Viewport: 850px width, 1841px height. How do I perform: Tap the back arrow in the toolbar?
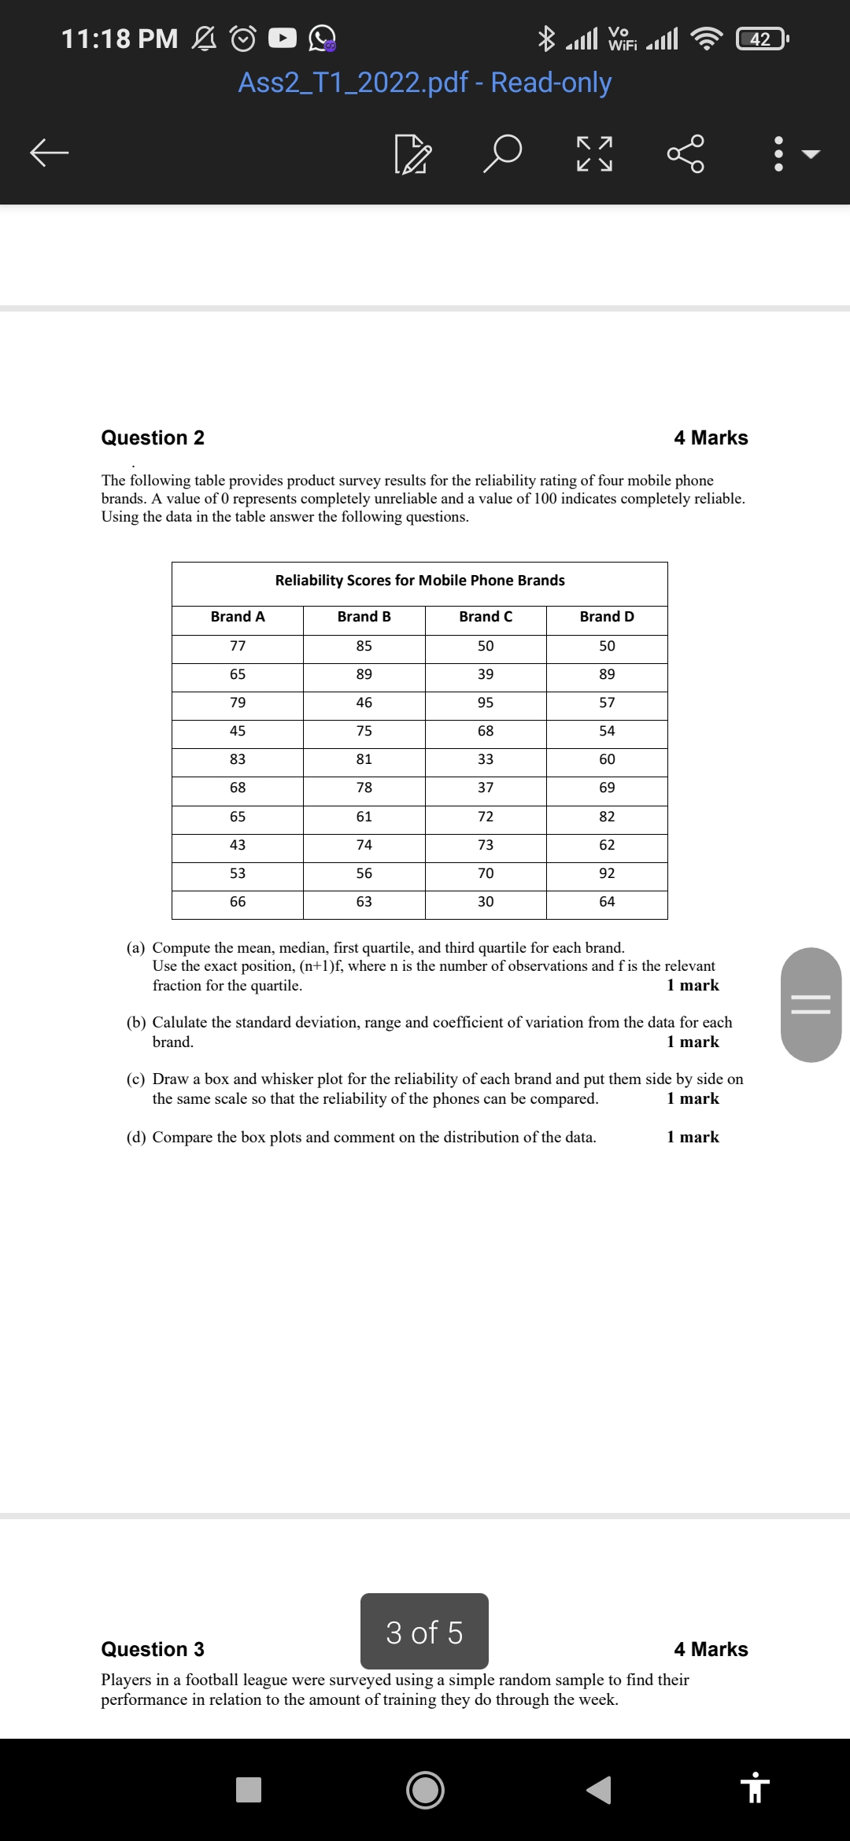(49, 153)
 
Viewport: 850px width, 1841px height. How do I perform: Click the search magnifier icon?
(502, 153)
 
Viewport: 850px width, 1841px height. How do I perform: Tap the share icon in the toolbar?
(686, 153)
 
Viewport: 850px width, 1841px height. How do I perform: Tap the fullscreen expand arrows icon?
(594, 153)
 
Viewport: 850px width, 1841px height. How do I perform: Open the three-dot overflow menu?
(778, 153)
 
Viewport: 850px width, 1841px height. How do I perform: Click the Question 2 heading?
(153, 437)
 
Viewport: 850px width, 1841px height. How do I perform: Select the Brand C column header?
(486, 617)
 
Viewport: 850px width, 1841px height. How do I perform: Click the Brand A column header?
(238, 617)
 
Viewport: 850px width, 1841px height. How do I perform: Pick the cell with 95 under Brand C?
(486, 703)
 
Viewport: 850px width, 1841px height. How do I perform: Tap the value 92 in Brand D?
(607, 873)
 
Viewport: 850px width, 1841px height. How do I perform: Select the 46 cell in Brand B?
(364, 703)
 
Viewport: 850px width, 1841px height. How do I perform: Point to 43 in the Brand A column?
(238, 845)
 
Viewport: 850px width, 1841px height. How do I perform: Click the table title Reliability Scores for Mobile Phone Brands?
(419, 581)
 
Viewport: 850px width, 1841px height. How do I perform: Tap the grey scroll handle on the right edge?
(811, 1005)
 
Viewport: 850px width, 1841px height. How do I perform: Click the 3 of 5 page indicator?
(424, 1633)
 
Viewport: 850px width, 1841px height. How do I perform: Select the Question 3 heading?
(153, 1649)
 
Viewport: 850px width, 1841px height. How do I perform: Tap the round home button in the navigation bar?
(425, 1790)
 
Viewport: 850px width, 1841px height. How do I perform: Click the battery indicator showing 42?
(760, 39)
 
